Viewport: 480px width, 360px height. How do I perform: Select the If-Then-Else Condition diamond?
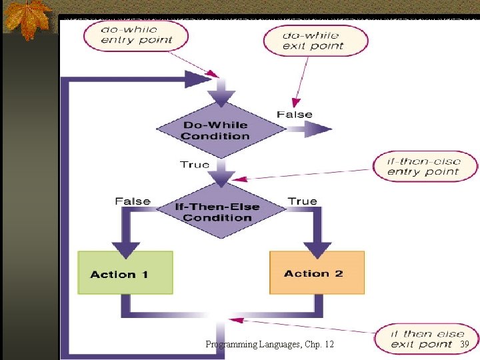(x=217, y=212)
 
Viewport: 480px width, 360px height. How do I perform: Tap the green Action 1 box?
(x=125, y=273)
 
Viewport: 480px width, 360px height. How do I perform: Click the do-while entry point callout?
(x=136, y=35)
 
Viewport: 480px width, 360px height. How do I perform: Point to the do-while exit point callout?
(x=315, y=40)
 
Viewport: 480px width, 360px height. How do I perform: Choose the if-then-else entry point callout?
(x=423, y=166)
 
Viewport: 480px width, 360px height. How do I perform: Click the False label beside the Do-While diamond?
(x=294, y=114)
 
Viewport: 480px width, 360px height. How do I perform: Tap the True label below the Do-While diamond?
(x=195, y=164)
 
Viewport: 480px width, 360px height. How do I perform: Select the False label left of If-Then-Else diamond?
(x=133, y=201)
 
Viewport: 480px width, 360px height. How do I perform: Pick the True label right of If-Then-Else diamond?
(x=302, y=201)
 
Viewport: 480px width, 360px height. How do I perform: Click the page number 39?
(x=465, y=343)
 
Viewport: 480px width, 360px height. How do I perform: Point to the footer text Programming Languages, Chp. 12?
(x=270, y=344)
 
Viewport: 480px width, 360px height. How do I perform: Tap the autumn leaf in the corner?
(x=27, y=18)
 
